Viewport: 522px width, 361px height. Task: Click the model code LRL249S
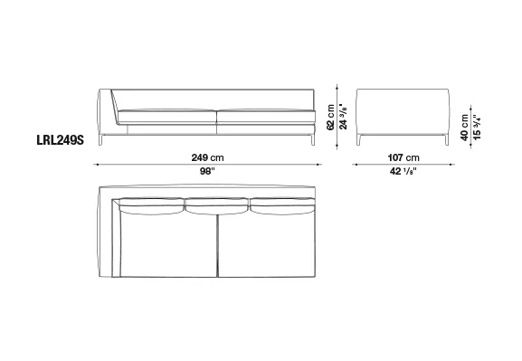pos(61,140)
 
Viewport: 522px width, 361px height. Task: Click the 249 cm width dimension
pos(207,157)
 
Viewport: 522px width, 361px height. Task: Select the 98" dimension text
pos(207,171)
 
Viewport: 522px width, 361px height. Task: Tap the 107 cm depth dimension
pos(403,157)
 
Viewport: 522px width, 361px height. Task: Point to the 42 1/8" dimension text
pos(403,171)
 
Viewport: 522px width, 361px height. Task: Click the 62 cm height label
pos(330,118)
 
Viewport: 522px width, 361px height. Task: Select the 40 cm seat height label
pos(465,128)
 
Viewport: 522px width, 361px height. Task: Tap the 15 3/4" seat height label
pos(477,127)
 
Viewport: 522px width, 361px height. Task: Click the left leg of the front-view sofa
pos(100,140)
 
